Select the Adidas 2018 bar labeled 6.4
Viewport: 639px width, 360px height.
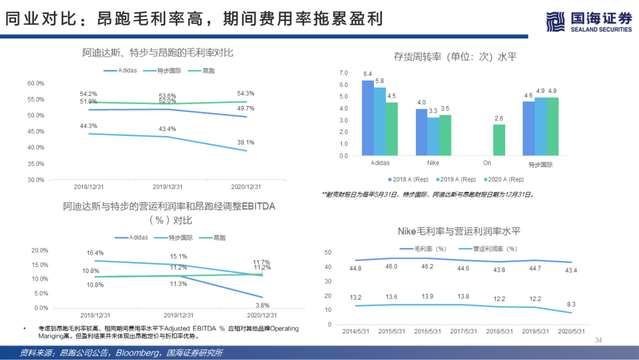tap(367, 118)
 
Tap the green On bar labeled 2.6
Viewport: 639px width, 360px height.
tap(499, 140)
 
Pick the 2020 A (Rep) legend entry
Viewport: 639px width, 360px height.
tap(504, 179)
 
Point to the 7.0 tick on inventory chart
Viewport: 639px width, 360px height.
tap(343, 73)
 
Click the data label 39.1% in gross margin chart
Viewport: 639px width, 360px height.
tap(246, 142)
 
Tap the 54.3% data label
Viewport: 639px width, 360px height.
tap(246, 94)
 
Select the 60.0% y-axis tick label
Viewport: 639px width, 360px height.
tap(36, 83)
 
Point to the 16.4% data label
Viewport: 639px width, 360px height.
tap(95, 253)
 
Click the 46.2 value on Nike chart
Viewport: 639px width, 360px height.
tap(427, 267)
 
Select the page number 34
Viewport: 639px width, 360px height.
tap(598, 340)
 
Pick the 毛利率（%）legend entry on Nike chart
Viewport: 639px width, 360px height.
tap(423, 249)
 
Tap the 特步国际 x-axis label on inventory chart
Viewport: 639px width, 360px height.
tap(541, 165)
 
